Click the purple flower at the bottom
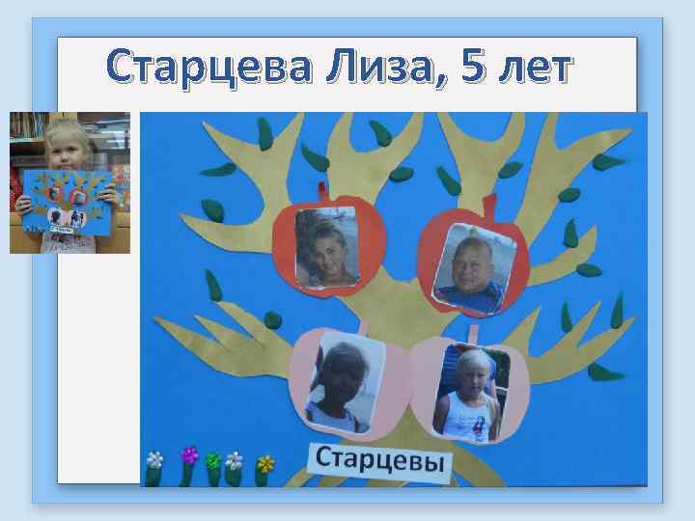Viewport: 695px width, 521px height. click(x=189, y=454)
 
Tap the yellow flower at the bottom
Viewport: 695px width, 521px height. click(x=264, y=463)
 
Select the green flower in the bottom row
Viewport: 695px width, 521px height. click(x=213, y=460)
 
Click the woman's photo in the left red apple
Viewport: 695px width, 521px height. click(x=328, y=248)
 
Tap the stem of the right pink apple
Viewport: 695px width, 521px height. click(x=475, y=332)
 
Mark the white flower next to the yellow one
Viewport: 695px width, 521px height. click(x=235, y=460)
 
